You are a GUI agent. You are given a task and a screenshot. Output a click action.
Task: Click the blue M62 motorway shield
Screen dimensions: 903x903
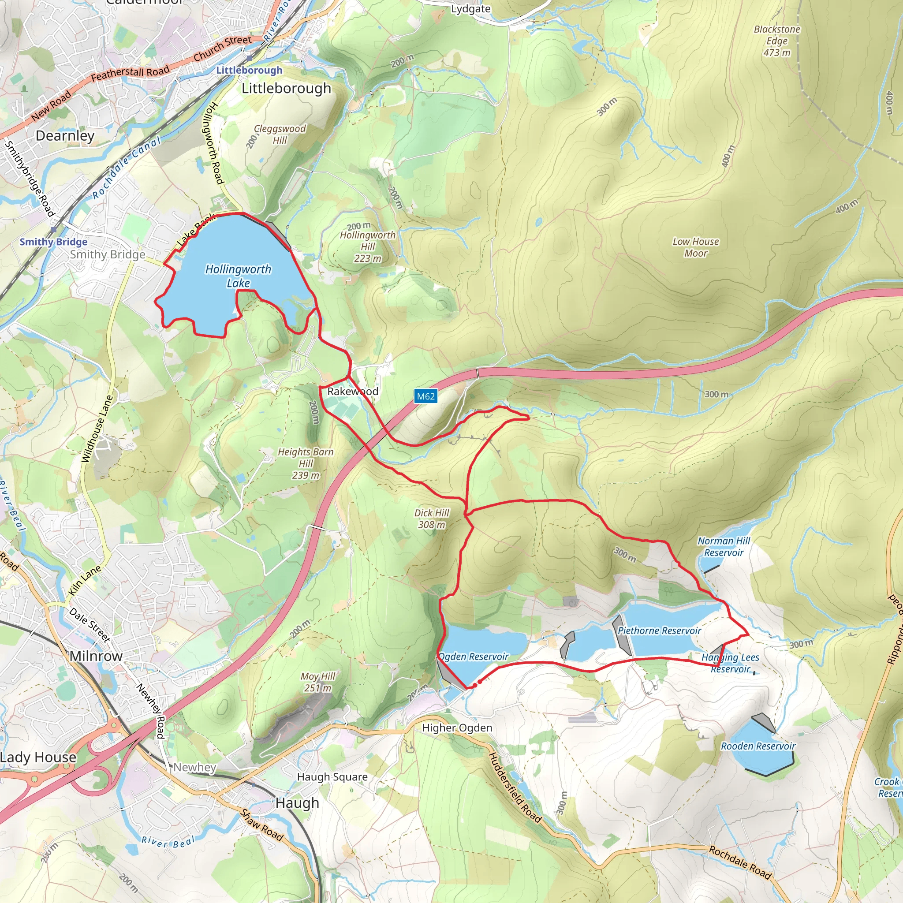click(x=425, y=396)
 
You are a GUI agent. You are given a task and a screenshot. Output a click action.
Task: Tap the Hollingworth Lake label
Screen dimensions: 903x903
click(x=239, y=276)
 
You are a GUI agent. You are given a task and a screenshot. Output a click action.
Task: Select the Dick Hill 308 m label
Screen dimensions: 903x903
click(x=431, y=519)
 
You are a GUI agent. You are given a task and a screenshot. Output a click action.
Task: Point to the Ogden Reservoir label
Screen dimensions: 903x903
click(x=474, y=657)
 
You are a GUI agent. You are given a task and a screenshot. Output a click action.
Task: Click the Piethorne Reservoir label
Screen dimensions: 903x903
click(x=659, y=631)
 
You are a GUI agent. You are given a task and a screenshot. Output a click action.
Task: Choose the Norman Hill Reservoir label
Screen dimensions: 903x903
click(x=724, y=546)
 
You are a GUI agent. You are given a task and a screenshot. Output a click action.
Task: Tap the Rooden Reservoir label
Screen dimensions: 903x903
click(x=757, y=746)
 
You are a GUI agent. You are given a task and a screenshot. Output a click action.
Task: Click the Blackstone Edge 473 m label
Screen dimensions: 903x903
click(x=777, y=41)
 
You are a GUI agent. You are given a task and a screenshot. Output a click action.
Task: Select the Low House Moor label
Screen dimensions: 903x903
click(x=695, y=247)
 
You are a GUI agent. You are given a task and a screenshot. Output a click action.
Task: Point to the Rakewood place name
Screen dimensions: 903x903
click(x=352, y=391)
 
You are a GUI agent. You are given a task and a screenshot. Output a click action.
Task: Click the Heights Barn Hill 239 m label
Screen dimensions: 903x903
click(x=306, y=463)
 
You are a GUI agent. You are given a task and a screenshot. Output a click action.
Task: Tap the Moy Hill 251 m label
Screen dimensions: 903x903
click(x=318, y=682)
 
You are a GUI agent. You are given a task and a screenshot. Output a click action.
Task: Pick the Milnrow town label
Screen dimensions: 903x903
click(x=96, y=656)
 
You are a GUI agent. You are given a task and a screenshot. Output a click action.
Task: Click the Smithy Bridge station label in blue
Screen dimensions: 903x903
click(x=53, y=242)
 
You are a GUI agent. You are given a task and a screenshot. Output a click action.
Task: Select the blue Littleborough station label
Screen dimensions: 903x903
click(x=249, y=70)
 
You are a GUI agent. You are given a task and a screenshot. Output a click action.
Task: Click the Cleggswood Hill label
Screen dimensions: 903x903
click(x=280, y=134)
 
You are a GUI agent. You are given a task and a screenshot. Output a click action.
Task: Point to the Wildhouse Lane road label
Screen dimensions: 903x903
click(x=97, y=429)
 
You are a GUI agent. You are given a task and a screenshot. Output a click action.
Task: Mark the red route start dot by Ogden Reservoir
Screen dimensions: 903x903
click(x=480, y=682)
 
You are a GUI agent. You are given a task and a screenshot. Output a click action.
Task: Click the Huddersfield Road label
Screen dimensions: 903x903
click(x=515, y=787)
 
